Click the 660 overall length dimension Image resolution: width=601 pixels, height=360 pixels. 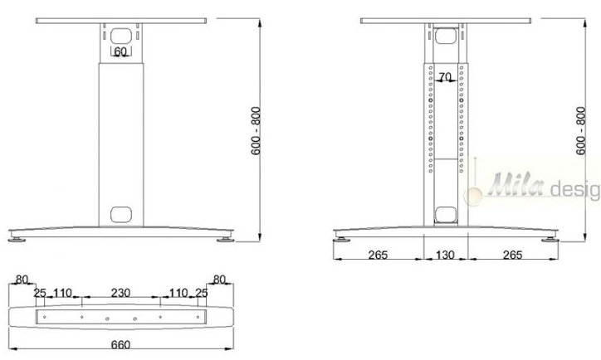120,345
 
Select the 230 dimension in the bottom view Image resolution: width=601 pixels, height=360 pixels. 120,293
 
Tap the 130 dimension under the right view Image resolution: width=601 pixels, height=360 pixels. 445,255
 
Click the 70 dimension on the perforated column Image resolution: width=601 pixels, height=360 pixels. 445,77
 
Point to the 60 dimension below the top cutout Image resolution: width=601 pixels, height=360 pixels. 120,51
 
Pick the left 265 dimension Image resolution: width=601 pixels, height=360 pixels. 378,255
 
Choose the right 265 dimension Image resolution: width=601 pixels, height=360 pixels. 512,255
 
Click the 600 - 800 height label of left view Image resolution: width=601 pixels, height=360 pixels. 256,131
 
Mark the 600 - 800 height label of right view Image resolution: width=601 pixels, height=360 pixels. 581,131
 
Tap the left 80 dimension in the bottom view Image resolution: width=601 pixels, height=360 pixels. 22,280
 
